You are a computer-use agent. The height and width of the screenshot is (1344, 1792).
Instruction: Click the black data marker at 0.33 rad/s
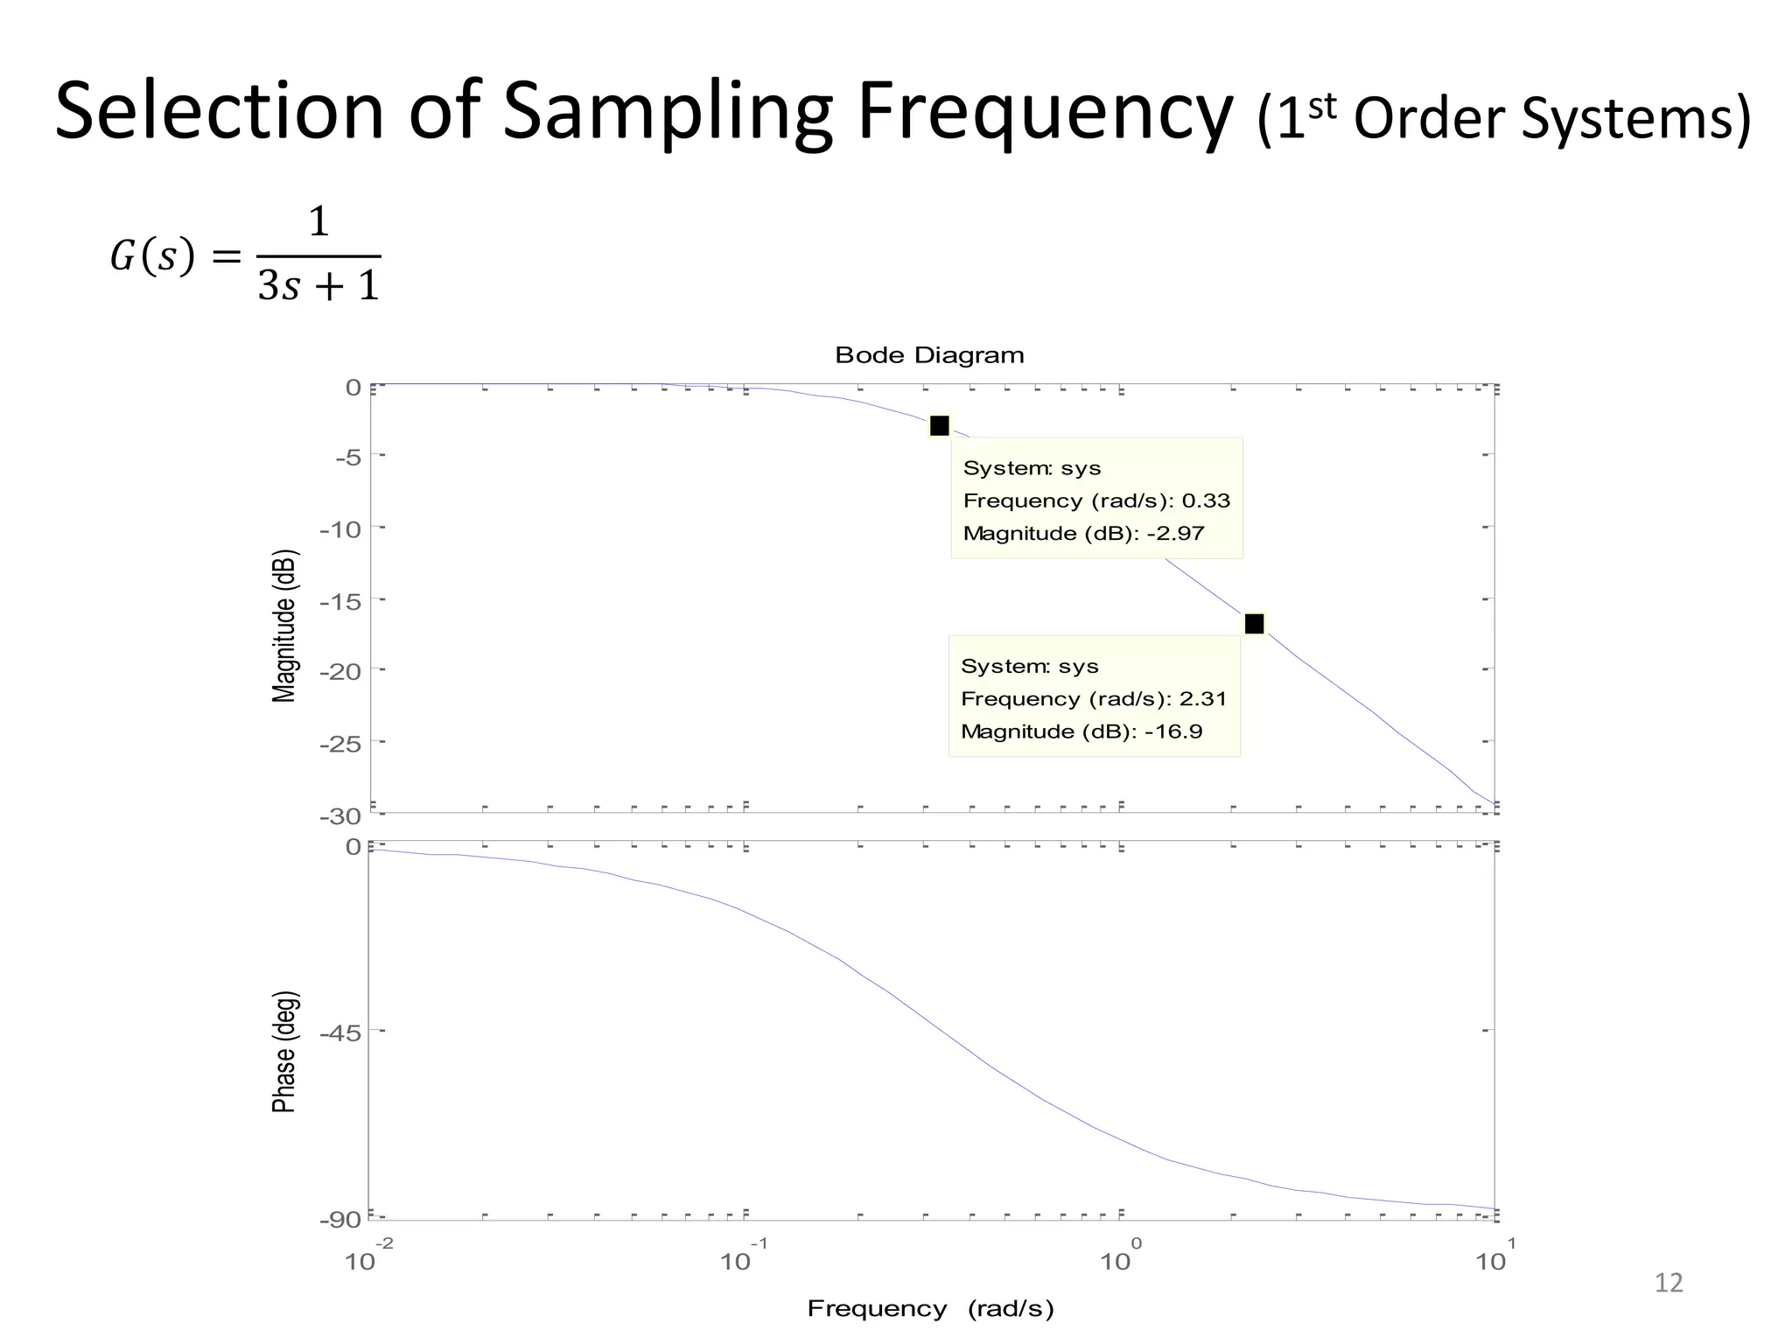939,426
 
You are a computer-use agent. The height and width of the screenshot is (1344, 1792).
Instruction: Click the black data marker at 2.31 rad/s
1254,624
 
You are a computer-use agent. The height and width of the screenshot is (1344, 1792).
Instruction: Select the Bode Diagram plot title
928,355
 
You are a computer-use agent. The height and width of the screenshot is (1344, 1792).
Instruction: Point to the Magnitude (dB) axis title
285,626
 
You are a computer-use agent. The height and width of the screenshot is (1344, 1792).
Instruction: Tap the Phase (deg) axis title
284,1052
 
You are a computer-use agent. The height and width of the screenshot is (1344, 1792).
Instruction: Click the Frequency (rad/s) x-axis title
930,1308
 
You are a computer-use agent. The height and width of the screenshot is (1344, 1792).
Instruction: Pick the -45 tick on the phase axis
339,1033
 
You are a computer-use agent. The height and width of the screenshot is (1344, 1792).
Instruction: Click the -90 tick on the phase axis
339,1220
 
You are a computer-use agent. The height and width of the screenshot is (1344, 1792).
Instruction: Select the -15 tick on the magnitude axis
339,602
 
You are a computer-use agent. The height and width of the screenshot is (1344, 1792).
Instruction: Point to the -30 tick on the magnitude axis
339,817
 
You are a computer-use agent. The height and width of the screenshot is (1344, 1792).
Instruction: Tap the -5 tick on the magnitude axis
346,458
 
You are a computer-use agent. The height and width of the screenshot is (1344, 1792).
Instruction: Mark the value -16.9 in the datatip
1173,731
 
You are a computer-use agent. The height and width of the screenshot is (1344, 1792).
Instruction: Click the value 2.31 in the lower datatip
1203,698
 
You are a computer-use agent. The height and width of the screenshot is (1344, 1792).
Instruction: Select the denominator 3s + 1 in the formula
318,285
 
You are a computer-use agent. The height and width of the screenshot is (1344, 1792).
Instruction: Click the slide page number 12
1669,1283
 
